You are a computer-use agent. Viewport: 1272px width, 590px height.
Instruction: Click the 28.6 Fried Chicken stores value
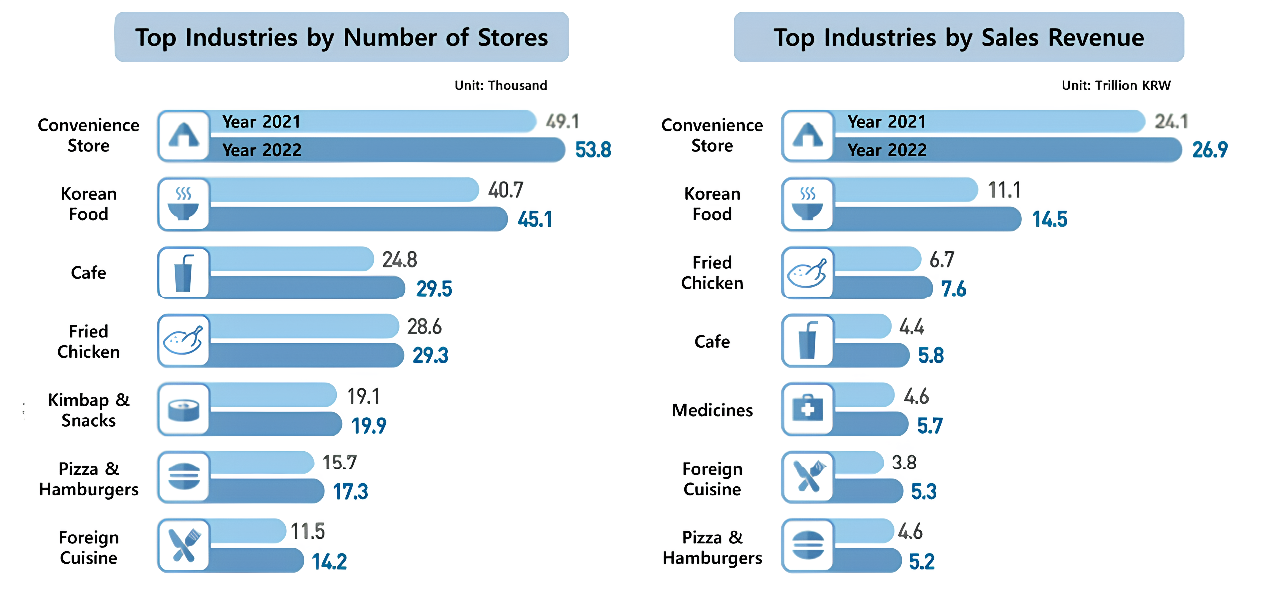(x=424, y=327)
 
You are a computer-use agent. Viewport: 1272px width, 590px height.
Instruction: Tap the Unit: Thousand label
(x=501, y=85)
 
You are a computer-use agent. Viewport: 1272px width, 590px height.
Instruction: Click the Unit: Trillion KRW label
(x=1116, y=85)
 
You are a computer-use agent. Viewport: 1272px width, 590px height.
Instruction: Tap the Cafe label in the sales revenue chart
(x=712, y=342)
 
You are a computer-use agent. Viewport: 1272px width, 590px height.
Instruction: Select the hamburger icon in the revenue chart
(x=808, y=546)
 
